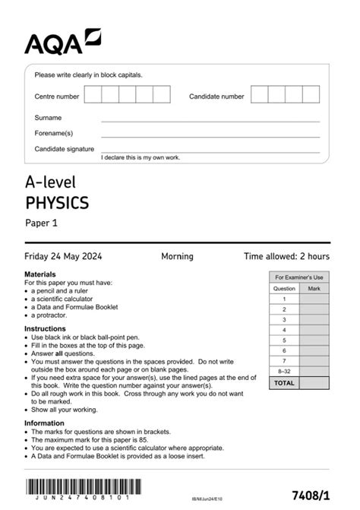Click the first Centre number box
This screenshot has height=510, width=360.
click(93, 94)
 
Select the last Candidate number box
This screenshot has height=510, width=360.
click(311, 94)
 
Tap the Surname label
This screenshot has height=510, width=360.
click(48, 118)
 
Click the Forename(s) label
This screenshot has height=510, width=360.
click(53, 133)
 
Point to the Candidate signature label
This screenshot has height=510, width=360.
click(65, 149)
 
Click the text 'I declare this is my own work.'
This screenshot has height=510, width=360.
click(141, 157)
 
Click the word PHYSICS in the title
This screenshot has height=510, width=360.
click(57, 203)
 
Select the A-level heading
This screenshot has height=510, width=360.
click(51, 182)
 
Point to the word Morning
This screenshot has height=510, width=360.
click(177, 257)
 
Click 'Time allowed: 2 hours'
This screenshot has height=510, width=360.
click(286, 257)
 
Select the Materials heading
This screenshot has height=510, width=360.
click(40, 274)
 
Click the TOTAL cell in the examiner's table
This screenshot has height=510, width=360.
click(284, 383)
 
